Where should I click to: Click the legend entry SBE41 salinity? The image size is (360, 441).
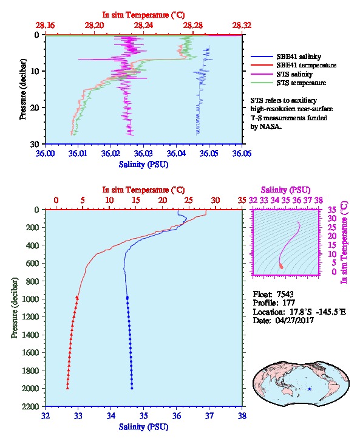299,56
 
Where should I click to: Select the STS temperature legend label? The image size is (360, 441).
301,83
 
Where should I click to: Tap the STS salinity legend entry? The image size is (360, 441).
294,74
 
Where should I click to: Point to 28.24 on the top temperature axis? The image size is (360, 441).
143,26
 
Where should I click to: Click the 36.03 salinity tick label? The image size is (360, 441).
143,154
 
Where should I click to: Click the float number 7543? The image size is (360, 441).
285,294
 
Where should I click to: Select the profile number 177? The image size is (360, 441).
288,303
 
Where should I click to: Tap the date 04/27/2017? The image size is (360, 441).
294,320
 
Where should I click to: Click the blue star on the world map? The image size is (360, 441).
310,389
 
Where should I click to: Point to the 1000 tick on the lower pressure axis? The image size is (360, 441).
31,299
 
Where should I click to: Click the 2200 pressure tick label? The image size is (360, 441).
31,406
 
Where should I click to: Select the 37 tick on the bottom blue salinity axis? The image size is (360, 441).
209,415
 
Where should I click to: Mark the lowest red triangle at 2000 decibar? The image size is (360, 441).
67,388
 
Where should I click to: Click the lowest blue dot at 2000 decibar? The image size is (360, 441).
132,388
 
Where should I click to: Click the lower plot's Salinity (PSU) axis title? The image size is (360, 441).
144,426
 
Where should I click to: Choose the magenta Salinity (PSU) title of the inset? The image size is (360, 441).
286,190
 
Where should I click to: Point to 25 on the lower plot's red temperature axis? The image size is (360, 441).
189,200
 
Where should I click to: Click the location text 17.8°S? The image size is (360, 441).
300,312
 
